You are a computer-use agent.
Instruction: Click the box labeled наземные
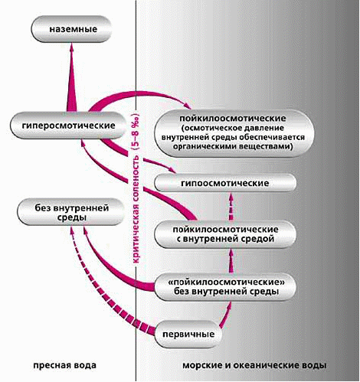click(72, 29)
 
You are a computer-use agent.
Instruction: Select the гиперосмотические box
click(68, 126)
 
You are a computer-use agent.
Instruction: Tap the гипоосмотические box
click(225, 183)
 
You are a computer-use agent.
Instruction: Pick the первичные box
click(188, 334)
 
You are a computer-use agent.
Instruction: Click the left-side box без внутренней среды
click(71, 212)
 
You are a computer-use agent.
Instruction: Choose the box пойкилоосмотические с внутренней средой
click(225, 234)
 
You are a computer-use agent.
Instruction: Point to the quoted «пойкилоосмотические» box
click(225, 287)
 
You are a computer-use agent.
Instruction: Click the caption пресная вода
click(64, 365)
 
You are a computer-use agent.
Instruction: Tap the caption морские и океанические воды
click(254, 365)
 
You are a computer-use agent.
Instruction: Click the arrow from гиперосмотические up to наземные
click(72, 77)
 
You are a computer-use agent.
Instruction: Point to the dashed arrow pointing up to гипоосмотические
click(231, 207)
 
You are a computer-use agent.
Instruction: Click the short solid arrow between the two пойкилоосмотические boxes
click(231, 261)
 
